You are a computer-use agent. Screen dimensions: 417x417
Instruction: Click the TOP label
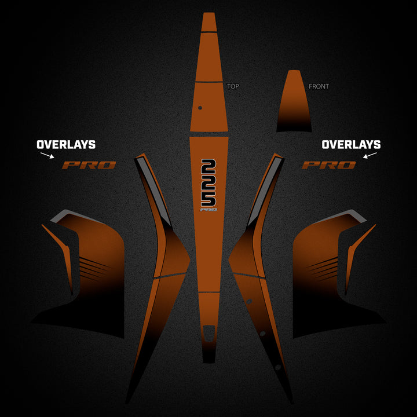(x=233, y=86)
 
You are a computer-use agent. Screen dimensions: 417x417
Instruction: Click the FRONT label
(x=319, y=86)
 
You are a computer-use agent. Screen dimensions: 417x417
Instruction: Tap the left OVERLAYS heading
(x=66, y=144)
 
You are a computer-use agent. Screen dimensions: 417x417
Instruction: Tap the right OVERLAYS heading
(x=351, y=144)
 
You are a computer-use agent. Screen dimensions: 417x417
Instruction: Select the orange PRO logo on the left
(x=89, y=165)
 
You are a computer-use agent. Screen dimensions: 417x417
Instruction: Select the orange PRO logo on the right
(x=329, y=165)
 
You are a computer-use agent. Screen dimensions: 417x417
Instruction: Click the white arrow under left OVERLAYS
(x=47, y=155)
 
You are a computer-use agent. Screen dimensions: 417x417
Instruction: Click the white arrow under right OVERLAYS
(x=370, y=155)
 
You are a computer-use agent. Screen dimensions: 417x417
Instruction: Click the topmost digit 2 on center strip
(x=209, y=167)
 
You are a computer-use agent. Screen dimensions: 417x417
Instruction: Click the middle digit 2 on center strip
(x=209, y=183)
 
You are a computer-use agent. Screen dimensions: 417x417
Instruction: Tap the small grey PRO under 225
(x=209, y=210)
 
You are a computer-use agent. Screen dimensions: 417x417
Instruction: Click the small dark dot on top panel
(x=200, y=108)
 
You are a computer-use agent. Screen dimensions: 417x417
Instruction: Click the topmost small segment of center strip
(x=209, y=22)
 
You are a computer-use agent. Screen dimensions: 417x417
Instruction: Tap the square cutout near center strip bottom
(x=209, y=333)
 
